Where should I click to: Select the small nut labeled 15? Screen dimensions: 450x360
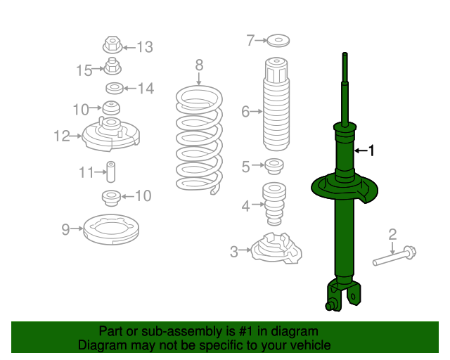click(112, 66)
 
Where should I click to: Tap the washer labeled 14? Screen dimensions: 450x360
click(115, 88)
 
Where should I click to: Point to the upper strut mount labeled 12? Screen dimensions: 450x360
click(111, 134)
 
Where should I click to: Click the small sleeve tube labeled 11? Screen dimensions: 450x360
click(111, 172)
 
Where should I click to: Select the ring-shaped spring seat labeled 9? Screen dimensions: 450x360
click(111, 230)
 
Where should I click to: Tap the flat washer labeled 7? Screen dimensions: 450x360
click(278, 41)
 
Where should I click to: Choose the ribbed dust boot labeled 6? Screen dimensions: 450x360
click(276, 104)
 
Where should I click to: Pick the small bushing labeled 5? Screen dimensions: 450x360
click(274, 166)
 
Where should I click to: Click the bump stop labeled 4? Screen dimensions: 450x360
click(274, 204)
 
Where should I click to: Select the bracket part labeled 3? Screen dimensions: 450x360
click(276, 248)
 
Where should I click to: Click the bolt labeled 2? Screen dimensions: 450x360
click(394, 255)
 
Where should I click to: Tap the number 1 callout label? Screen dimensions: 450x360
click(371, 150)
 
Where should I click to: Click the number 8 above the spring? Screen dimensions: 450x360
click(199, 65)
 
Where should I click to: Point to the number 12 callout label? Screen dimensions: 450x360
click(62, 136)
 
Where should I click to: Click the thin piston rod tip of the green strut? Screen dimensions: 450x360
click(345, 54)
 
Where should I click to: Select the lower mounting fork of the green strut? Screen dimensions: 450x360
click(343, 295)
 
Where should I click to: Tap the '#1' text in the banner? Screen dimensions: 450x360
click(246, 331)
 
